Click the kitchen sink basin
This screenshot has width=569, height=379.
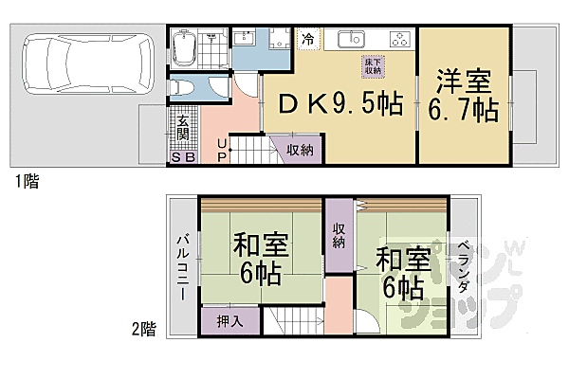pyautogui.click(x=350, y=40)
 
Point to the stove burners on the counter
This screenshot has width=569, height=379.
pyautogui.click(x=399, y=41)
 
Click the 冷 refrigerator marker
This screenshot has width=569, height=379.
pyautogui.click(x=307, y=39)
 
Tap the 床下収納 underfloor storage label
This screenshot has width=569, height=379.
pyautogui.click(x=372, y=66)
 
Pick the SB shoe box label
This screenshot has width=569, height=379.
pyautogui.click(x=182, y=157)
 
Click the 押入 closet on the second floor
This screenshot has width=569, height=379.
pyautogui.click(x=230, y=321)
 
